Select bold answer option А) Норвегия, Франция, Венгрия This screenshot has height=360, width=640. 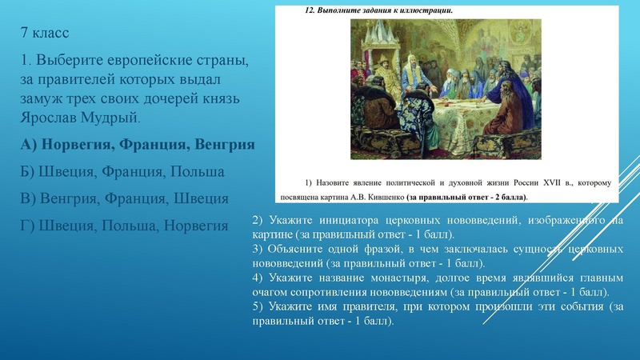click(x=138, y=145)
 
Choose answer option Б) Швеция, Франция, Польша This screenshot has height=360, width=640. click(x=122, y=172)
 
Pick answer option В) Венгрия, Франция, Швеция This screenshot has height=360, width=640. click(x=125, y=198)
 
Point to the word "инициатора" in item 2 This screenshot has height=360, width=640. click(x=337, y=220)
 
